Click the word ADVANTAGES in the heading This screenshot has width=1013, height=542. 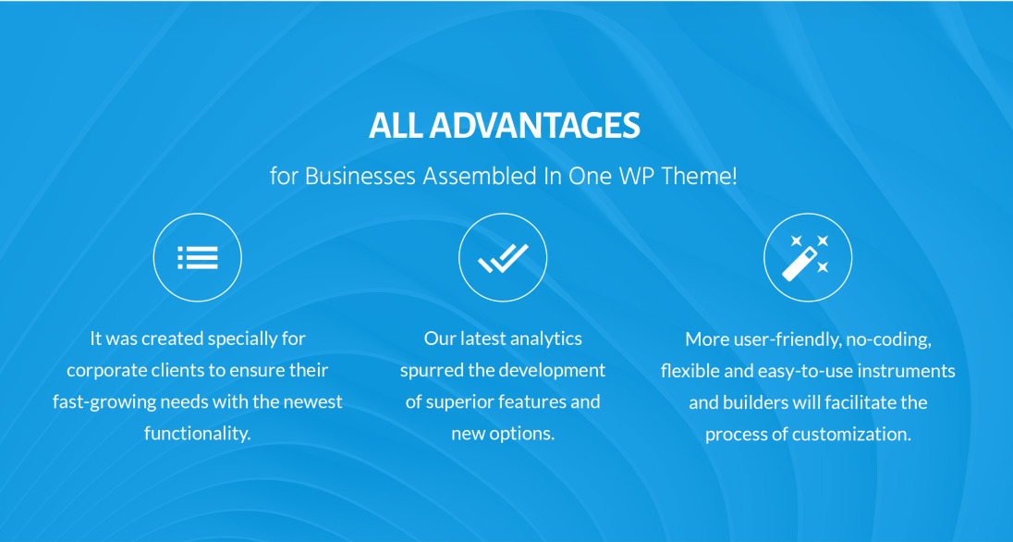coord(534,126)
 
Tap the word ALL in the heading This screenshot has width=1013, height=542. coord(396,126)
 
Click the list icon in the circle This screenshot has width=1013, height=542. coord(198,257)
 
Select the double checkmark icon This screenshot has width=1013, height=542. coord(503,258)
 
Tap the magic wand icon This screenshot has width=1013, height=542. coord(806,257)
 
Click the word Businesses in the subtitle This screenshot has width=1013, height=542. coord(360,176)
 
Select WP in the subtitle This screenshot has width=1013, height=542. coord(636,176)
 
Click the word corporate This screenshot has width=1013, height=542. coord(106,371)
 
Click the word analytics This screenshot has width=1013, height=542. coord(546,339)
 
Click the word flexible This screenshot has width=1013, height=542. coord(689,371)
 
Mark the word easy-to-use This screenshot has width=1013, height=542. coord(806,371)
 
